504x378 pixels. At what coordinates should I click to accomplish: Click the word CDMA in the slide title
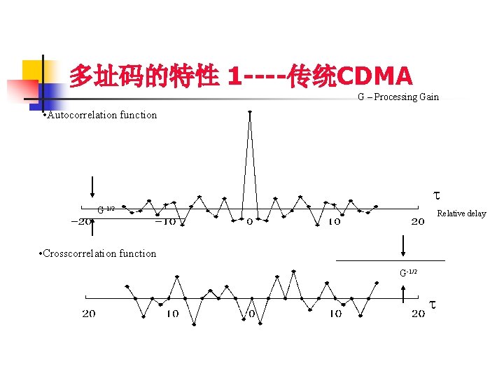[x=375, y=76]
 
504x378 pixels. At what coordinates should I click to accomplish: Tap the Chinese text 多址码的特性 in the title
[x=144, y=76]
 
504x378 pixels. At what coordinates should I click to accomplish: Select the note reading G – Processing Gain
[x=398, y=97]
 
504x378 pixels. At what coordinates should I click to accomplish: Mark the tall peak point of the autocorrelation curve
[x=250, y=112]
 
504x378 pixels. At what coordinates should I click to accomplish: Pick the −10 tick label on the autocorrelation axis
[x=166, y=222]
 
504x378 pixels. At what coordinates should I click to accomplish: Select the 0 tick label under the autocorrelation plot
[x=250, y=222]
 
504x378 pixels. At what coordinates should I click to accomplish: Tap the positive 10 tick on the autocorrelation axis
[x=334, y=222]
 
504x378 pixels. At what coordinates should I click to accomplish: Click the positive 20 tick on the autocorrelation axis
[x=417, y=222]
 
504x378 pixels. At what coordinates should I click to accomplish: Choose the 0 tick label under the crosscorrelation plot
[x=251, y=314]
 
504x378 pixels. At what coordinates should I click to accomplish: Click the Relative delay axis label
[x=461, y=213]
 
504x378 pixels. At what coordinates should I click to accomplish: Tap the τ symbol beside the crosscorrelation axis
[x=433, y=305]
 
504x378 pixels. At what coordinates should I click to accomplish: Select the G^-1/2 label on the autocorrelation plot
[x=106, y=210]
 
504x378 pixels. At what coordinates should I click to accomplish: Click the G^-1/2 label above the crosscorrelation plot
[x=408, y=272]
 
